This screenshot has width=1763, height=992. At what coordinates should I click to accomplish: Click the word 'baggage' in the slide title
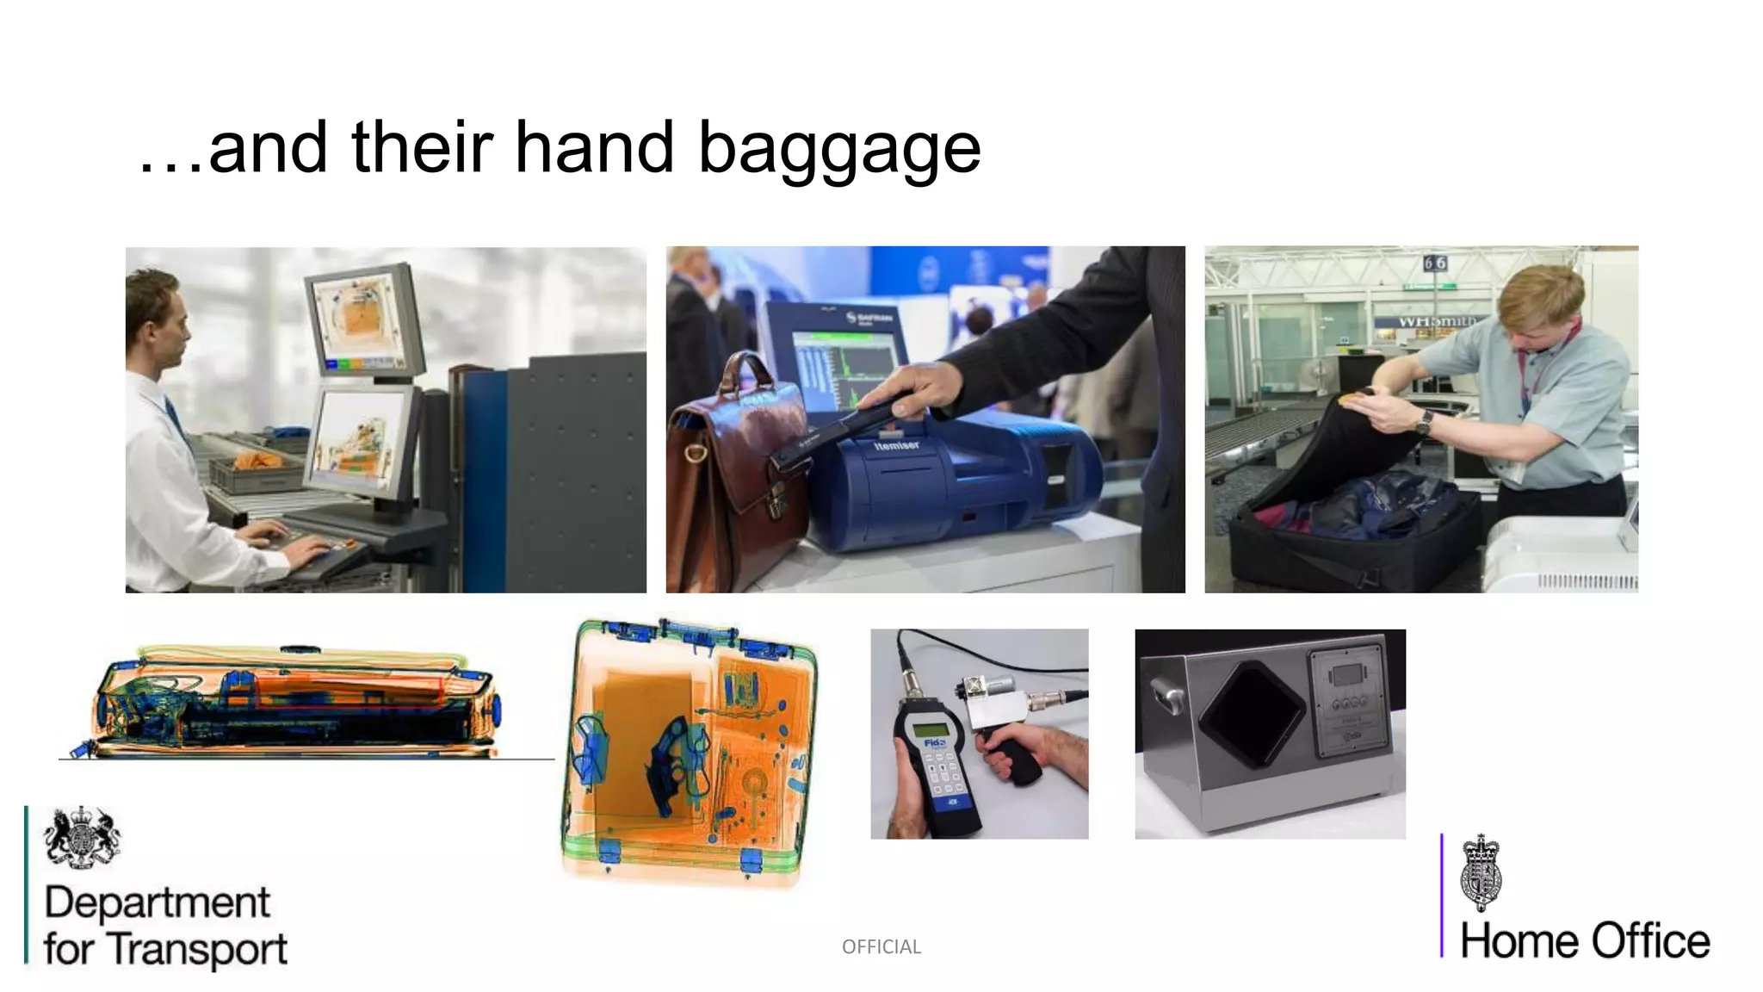[x=838, y=148]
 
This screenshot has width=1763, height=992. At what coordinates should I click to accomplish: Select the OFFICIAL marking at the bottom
[x=881, y=946]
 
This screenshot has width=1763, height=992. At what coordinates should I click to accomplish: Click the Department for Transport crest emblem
[x=82, y=836]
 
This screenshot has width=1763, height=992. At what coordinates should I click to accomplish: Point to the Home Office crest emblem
[x=1481, y=871]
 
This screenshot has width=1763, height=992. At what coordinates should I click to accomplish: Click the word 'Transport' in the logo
[x=199, y=949]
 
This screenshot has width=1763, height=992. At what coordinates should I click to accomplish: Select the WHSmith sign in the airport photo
[x=1436, y=321]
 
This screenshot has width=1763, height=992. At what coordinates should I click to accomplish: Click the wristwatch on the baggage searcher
[x=1424, y=422]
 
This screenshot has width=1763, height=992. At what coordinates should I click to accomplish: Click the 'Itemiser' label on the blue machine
[x=896, y=445]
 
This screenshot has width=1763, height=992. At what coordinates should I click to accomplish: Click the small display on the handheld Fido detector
[x=933, y=729]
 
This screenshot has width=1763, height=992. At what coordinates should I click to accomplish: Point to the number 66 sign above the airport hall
[x=1434, y=262]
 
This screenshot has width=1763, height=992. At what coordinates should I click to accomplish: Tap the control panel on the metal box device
[x=1348, y=703]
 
